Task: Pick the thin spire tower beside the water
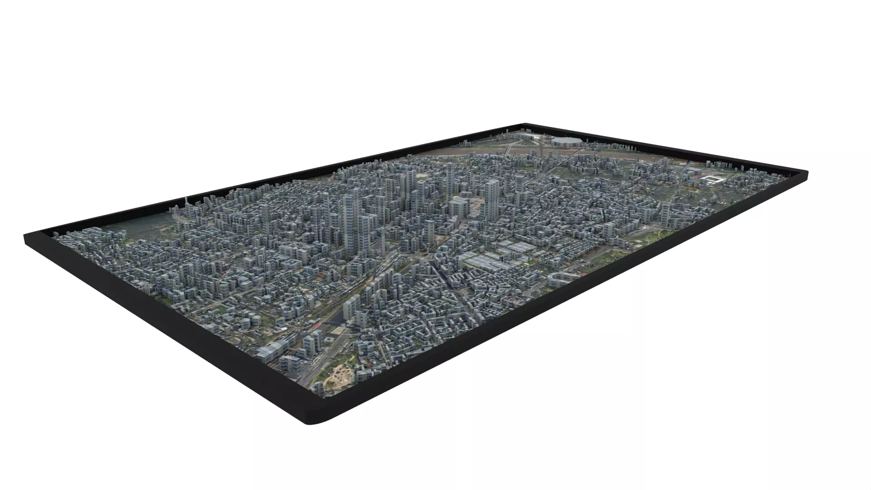pos(186,202)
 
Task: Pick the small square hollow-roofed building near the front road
pos(328,340)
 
